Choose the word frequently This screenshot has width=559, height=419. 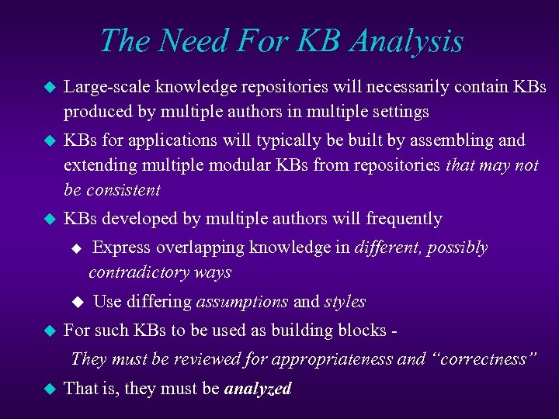pyautogui.click(x=404, y=219)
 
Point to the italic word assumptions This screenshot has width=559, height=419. pyautogui.click(x=242, y=301)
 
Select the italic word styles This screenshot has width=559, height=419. pyautogui.click(x=345, y=301)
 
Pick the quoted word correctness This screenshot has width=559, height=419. pyautogui.click(x=485, y=358)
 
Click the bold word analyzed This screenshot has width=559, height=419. pyautogui.click(x=258, y=388)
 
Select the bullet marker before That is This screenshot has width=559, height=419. pyautogui.click(x=50, y=388)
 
